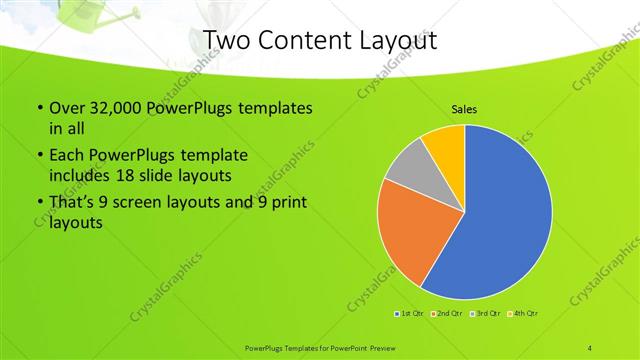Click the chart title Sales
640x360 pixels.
pos(463,108)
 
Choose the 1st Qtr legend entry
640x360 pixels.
pos(411,314)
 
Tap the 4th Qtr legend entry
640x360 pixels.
pos(524,314)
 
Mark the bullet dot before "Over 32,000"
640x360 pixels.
pos(38,108)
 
